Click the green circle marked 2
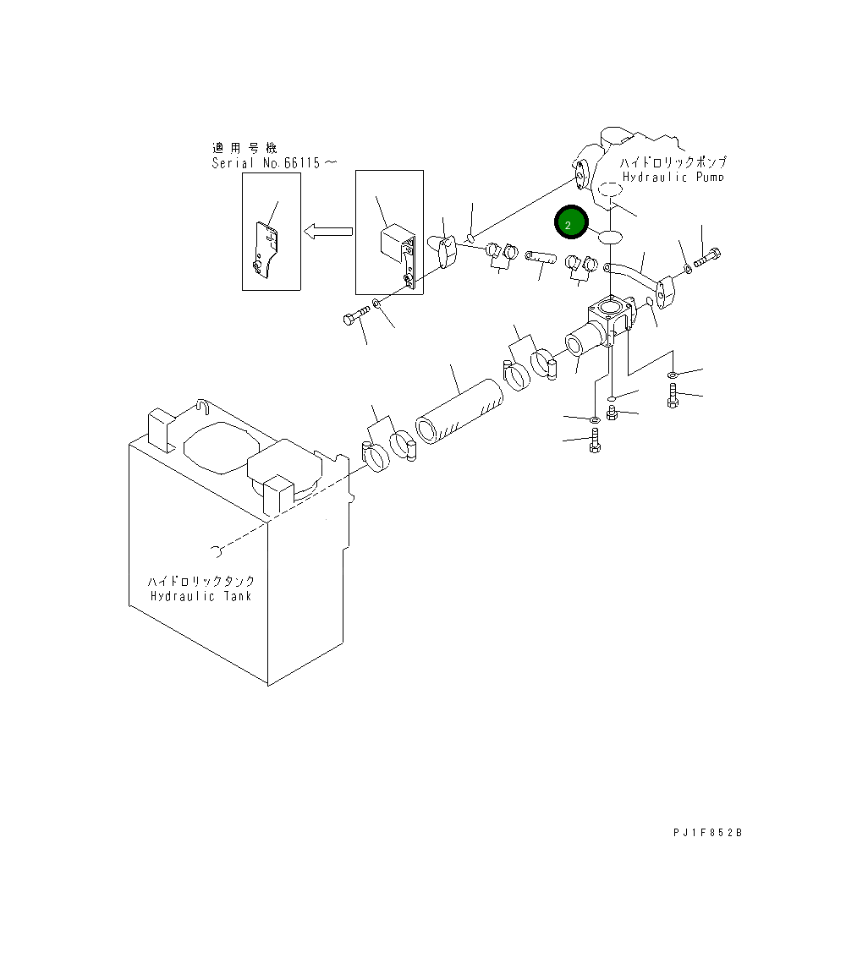pos(570,224)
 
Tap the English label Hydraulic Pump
pos(673,178)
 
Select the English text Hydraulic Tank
pos(201,596)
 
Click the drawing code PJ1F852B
pos(707,833)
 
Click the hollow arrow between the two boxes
pos(327,230)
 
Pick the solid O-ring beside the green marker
pos(610,237)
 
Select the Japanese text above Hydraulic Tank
pos(201,582)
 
